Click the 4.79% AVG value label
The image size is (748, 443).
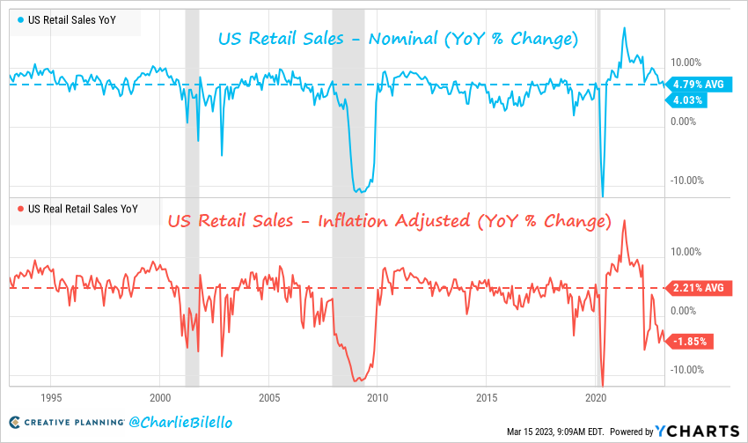pyautogui.click(x=697, y=85)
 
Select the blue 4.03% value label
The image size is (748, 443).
pyautogui.click(x=687, y=100)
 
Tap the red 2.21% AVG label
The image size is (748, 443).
pyautogui.click(x=697, y=288)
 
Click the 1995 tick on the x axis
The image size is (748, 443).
pyautogui.click(x=51, y=397)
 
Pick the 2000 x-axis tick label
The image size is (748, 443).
pyautogui.click(x=160, y=397)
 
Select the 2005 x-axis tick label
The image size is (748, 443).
pyautogui.click(x=269, y=397)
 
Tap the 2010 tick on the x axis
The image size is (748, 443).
pyautogui.click(x=378, y=397)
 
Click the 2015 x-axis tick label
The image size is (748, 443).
pyautogui.click(x=488, y=397)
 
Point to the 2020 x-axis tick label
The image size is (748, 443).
pyautogui.click(x=597, y=397)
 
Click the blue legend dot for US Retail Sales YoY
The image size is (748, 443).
pyautogui.click(x=19, y=19)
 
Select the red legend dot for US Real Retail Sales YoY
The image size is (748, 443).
pyautogui.click(x=19, y=209)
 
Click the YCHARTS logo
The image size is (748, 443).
pyautogui.click(x=696, y=431)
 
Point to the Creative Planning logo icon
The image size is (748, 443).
pyautogui.click(x=15, y=424)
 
